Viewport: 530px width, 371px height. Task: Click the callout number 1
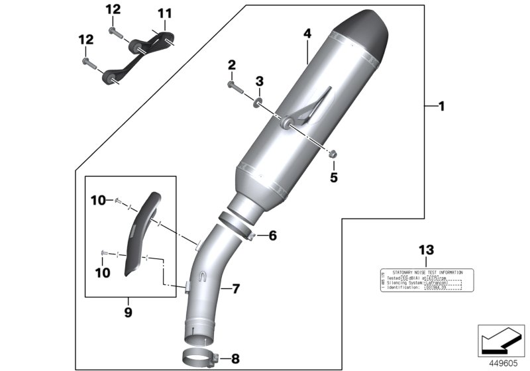tap(443, 105)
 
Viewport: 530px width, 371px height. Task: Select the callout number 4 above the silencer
tap(307, 33)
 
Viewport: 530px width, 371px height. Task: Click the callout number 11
tap(164, 13)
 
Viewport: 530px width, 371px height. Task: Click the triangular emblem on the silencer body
tap(311, 106)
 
